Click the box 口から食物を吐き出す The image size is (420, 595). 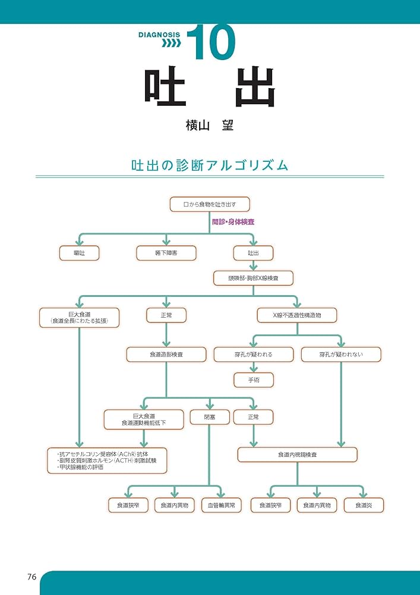tap(209, 204)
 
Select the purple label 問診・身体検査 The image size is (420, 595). tap(233, 222)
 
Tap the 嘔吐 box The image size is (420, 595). tap(79, 253)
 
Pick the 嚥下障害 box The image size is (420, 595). tap(166, 253)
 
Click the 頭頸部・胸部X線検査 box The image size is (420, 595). tap(253, 278)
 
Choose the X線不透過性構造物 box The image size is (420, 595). tap(296, 315)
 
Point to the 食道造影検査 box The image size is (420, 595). tap(166, 355)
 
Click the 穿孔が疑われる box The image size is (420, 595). tap(253, 355)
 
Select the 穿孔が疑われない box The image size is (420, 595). tap(340, 355)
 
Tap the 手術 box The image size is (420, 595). tap(253, 379)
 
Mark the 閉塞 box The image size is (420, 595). tap(209, 417)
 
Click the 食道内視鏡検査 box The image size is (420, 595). tap(297, 455)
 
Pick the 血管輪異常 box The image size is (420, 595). tap(221, 505)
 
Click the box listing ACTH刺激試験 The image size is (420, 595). tap(108, 460)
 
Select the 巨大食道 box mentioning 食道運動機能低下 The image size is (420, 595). tap(144, 419)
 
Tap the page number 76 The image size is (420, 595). tap(32, 577)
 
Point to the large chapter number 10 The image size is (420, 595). tap(210, 42)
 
